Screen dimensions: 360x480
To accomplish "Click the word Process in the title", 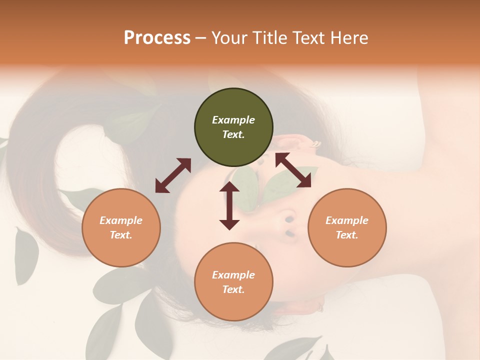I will [x=157, y=38].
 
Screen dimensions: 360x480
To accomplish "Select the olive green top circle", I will [x=233, y=127].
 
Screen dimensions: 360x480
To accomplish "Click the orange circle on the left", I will [x=121, y=227].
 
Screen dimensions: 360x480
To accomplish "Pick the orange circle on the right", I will [x=347, y=227].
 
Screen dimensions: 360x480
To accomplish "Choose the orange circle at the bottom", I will [x=233, y=282].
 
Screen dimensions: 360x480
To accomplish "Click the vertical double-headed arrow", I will [x=229, y=205].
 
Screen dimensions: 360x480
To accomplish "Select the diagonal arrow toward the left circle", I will [x=173, y=175].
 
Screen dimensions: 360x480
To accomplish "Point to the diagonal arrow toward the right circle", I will [x=293, y=170].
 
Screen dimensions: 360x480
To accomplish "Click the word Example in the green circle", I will [x=233, y=120].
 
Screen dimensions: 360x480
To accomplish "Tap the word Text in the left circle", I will [x=121, y=235].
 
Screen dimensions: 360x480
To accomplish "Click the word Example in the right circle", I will [x=347, y=220].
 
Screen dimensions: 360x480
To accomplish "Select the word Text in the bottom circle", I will [x=233, y=289].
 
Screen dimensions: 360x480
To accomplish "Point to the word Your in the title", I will [x=229, y=38].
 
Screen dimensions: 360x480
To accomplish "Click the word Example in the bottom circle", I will [x=233, y=275].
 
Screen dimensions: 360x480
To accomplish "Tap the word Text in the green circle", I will [x=233, y=134].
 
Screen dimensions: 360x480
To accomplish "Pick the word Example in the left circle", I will [x=121, y=220].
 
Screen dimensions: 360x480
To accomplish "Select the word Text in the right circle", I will [x=347, y=235].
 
